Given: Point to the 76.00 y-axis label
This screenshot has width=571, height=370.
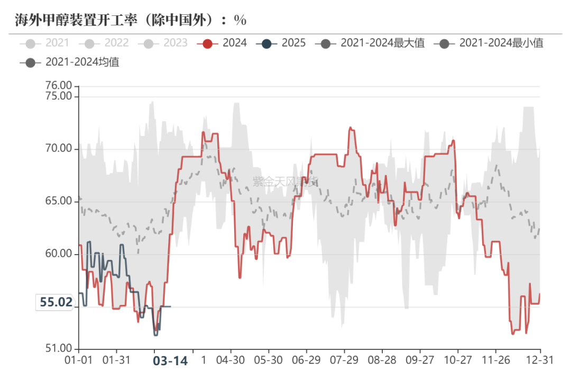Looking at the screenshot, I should (x=58, y=85).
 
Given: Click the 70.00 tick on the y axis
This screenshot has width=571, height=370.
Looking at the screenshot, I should (x=58, y=149).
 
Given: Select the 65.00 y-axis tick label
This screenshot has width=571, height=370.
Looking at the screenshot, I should (x=58, y=201).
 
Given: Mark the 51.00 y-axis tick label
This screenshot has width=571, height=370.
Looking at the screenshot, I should (x=58, y=348).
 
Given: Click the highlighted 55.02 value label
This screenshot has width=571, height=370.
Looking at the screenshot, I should (x=56, y=302).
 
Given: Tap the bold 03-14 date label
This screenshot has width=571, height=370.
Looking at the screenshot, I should (x=170, y=360).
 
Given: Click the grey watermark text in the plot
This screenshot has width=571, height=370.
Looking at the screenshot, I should (x=285, y=182).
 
